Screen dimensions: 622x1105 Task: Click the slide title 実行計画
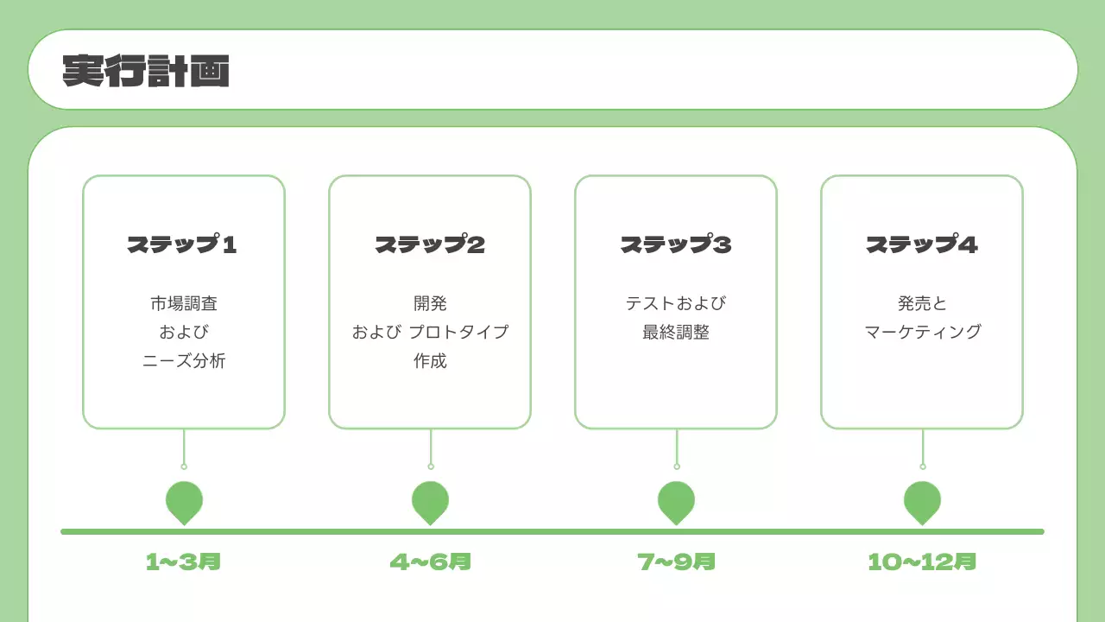(x=146, y=71)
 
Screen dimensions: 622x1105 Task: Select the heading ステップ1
(x=183, y=245)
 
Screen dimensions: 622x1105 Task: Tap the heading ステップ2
(x=430, y=245)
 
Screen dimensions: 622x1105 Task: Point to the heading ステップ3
(x=676, y=245)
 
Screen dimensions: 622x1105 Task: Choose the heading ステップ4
(x=922, y=245)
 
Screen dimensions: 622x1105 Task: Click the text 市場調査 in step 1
(x=184, y=303)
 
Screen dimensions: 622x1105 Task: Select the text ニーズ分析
(x=184, y=361)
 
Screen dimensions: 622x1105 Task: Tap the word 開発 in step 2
(x=430, y=303)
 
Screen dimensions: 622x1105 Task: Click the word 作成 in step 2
(x=430, y=361)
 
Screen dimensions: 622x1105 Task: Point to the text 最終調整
(x=676, y=333)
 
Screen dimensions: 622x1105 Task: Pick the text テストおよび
(x=676, y=303)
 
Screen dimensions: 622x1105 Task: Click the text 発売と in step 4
(x=922, y=303)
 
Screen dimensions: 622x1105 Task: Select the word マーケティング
(x=922, y=333)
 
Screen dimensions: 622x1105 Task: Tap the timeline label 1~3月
(x=184, y=562)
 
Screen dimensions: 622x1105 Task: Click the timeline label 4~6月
(x=430, y=562)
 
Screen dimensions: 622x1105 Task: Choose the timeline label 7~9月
(x=676, y=562)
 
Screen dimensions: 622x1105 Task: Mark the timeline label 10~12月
(x=922, y=562)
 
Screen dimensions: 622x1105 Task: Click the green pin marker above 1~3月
(x=184, y=501)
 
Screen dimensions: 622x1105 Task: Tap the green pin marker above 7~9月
(x=676, y=501)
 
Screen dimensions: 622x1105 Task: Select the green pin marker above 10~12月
(x=922, y=501)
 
